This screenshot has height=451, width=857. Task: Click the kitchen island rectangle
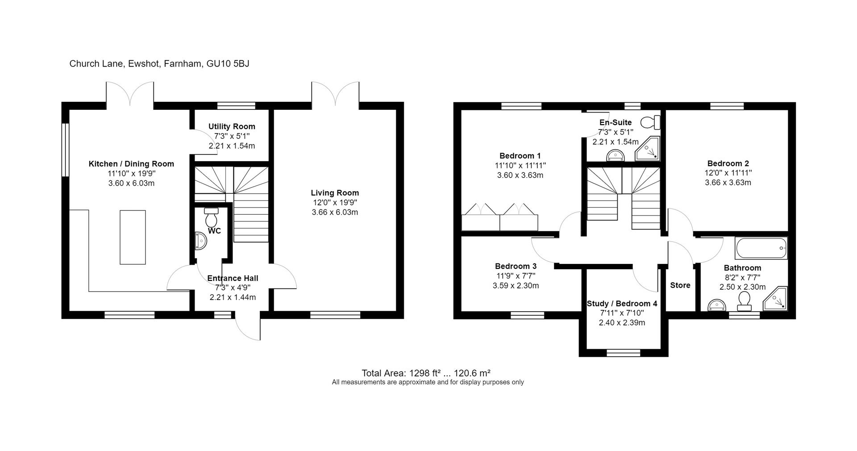(133, 237)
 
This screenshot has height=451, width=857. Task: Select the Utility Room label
(232, 126)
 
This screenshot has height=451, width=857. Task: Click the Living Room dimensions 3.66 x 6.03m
(335, 212)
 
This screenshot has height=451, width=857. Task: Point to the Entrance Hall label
(233, 278)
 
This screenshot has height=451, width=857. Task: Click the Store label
(680, 285)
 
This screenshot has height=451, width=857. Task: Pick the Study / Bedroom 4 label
(622, 304)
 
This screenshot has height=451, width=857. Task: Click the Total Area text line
(426, 373)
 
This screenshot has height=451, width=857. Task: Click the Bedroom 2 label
(728, 163)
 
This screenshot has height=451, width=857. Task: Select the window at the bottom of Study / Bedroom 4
(623, 353)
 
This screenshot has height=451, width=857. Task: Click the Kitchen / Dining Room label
(131, 164)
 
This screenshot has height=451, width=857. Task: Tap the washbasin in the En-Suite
(616, 155)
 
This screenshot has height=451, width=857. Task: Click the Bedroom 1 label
(520, 156)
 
